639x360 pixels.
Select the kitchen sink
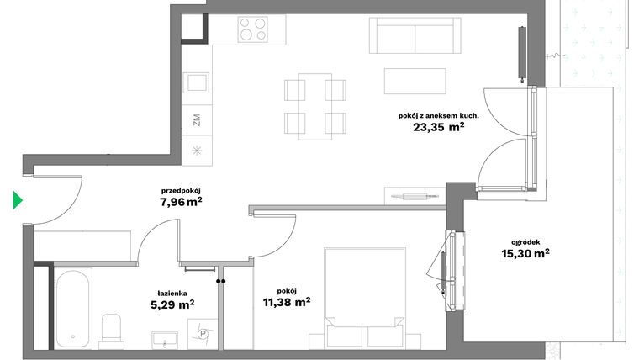[197, 82]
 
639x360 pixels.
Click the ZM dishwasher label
[197, 119]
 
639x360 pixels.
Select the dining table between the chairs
[315, 106]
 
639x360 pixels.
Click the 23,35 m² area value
[438, 129]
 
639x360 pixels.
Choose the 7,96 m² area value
[181, 202]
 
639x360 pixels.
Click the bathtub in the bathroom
[73, 307]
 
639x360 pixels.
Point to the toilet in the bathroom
[111, 331]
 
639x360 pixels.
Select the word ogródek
[525, 239]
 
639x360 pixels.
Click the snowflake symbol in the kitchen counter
[197, 151]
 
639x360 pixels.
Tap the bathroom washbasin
[166, 339]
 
